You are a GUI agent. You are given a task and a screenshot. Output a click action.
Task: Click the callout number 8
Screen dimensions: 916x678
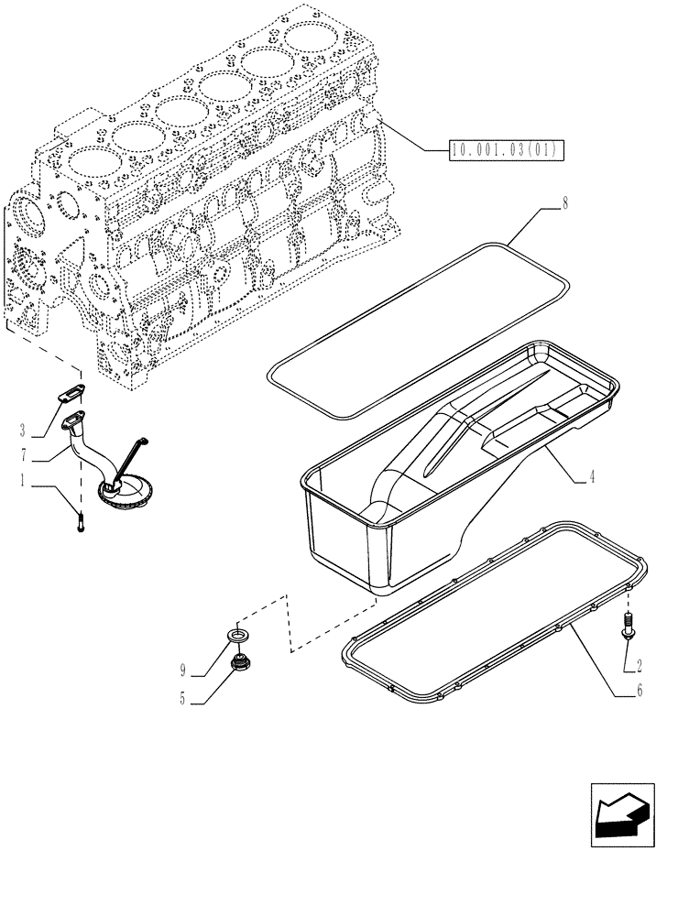[x=564, y=204]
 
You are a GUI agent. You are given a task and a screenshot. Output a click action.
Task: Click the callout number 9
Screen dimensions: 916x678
[x=184, y=670]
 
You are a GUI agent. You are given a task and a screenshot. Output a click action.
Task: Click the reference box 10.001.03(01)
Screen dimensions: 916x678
[x=506, y=150]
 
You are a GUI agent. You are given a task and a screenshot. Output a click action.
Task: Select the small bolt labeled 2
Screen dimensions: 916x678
[x=629, y=627]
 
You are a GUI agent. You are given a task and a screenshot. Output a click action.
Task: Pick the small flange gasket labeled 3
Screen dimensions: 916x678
[x=71, y=395]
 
